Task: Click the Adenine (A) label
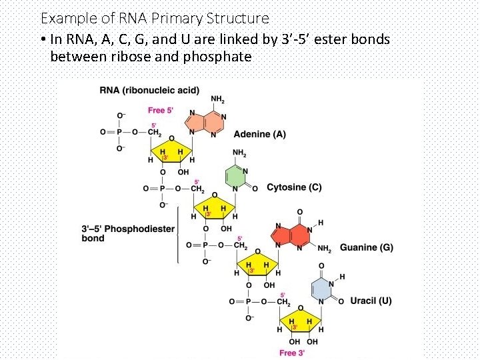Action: click(259, 134)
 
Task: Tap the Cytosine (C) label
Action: click(294, 187)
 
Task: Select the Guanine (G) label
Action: click(366, 248)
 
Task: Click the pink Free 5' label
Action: click(161, 110)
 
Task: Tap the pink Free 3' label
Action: click(293, 353)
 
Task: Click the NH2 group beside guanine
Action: click(324, 249)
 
